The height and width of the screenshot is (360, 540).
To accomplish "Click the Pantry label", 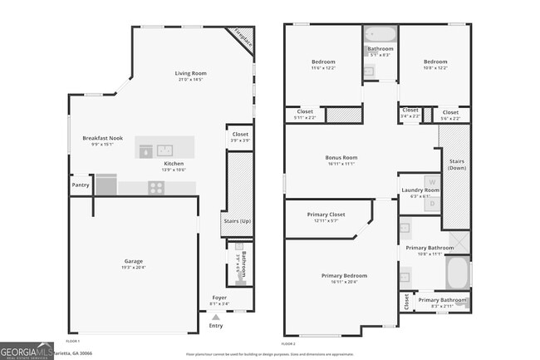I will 81,185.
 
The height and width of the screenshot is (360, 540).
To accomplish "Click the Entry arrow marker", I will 216,317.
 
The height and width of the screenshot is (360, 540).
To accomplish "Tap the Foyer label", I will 219,297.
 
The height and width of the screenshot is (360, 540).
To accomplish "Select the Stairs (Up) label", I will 238,221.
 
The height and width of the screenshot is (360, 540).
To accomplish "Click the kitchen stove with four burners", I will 155,188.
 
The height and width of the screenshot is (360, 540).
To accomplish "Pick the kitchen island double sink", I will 164,150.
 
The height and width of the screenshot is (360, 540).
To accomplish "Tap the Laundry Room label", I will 420,190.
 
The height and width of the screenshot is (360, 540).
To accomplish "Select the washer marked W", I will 431,181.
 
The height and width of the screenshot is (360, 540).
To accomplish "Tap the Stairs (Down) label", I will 456,165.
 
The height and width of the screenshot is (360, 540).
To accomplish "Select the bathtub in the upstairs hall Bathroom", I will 380,35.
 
